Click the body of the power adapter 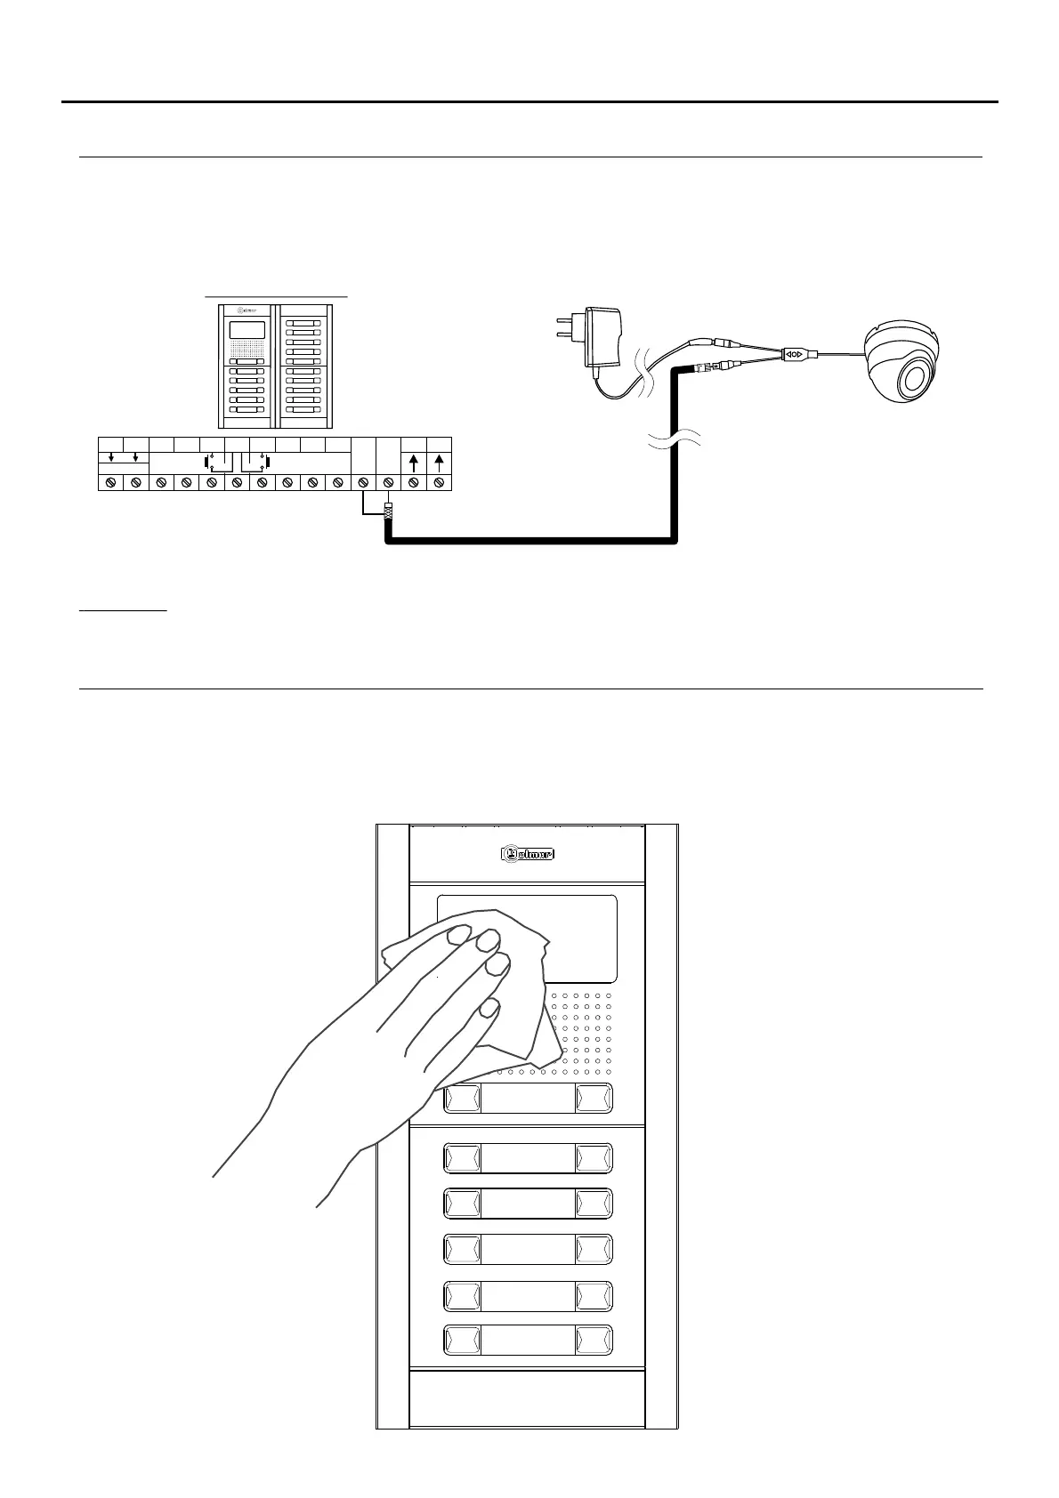[601, 338]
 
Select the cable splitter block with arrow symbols [796, 354]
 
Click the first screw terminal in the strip [110, 482]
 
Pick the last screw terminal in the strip [439, 482]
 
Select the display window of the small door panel [247, 330]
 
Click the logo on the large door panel [527, 854]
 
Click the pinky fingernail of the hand [488, 1008]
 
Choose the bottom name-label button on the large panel [528, 1341]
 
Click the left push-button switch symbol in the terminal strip [210, 461]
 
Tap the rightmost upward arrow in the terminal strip [439, 462]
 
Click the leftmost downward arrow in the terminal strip [110, 457]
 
